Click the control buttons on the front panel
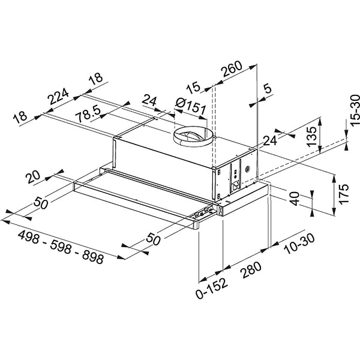tap(203, 210)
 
